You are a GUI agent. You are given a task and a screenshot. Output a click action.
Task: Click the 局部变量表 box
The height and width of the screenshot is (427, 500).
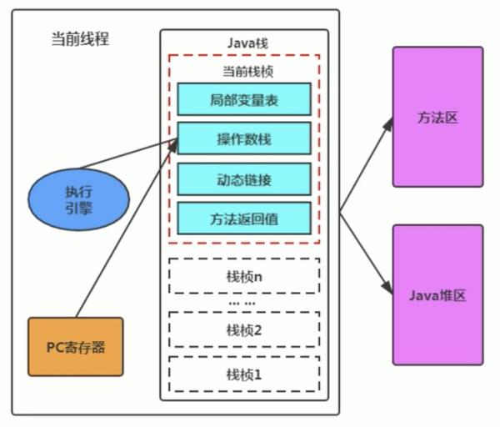(x=243, y=99)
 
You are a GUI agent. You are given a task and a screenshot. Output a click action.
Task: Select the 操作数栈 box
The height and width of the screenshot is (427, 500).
(x=243, y=138)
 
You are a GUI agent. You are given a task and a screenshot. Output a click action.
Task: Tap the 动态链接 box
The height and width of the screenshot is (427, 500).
(x=243, y=178)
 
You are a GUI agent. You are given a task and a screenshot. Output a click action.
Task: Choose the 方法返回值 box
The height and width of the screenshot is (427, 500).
(x=243, y=218)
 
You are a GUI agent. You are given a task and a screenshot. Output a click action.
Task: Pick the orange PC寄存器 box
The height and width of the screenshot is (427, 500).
(x=75, y=345)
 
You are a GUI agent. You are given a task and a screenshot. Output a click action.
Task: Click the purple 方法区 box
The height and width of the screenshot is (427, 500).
(x=437, y=117)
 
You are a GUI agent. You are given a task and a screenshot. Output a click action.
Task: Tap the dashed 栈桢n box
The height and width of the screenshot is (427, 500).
(x=243, y=273)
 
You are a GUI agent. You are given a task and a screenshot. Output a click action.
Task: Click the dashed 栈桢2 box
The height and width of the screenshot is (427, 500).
(x=243, y=329)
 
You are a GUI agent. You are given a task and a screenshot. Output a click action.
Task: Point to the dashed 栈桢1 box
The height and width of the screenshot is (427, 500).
(x=243, y=374)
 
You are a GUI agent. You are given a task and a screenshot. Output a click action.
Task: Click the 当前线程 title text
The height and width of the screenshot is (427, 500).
(x=79, y=39)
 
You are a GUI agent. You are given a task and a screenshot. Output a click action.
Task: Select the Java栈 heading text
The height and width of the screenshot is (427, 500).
(x=243, y=43)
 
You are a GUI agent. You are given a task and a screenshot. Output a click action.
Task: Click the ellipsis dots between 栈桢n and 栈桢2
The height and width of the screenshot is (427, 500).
(x=243, y=302)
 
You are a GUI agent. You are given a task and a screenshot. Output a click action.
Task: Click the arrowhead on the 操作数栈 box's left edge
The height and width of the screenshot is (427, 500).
(x=172, y=143)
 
